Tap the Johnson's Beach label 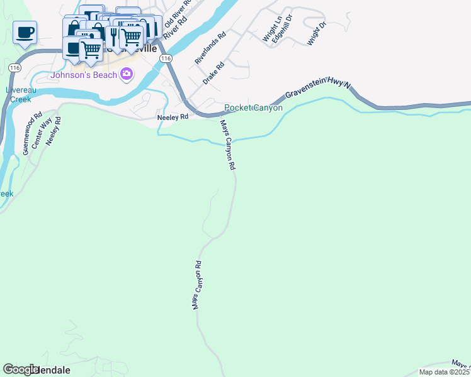pos(84,75)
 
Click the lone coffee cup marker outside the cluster pos(25,32)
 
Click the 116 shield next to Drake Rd pos(166,58)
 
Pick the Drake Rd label pos(213,74)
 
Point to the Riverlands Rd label pos(210,49)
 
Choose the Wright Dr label pos(317,33)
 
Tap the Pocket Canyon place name pos(254,108)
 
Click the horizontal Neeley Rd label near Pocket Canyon pos(173,117)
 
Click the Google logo pos(21,369)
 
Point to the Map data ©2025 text pos(445,372)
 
